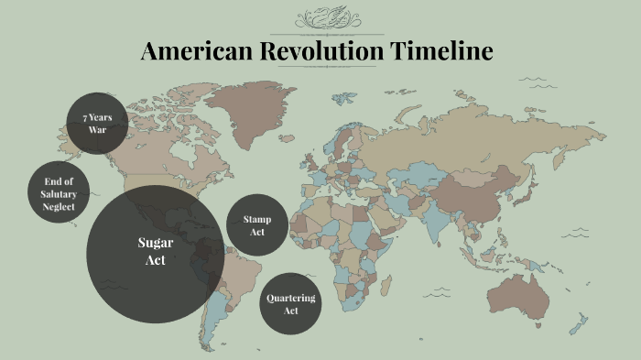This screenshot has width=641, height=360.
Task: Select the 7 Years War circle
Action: point(98,124)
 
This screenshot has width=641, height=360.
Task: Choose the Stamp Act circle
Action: point(256,225)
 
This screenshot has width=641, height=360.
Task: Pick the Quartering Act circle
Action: point(290,304)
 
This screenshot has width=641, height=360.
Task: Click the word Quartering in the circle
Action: point(290,299)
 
